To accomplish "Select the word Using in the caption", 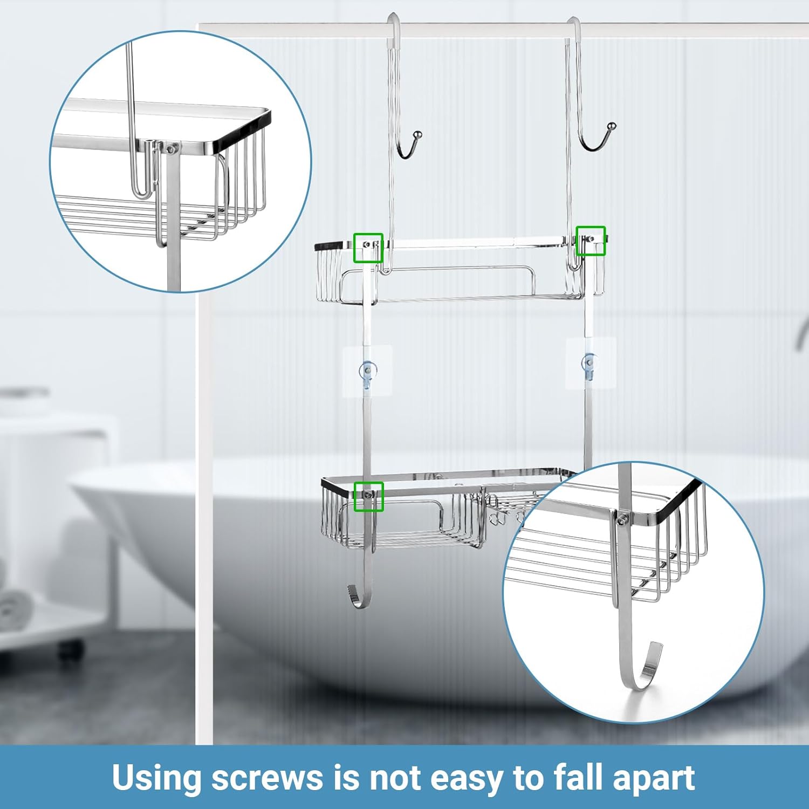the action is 157,777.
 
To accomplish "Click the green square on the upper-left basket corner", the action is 368,248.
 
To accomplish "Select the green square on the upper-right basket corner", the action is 591,241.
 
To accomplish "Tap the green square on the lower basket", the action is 368,497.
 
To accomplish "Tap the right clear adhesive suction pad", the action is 591,362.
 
